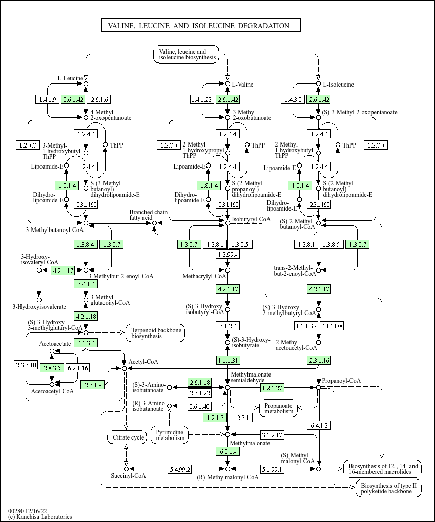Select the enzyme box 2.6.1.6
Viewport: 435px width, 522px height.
(x=99, y=99)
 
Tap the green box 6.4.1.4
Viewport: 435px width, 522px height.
(x=86, y=283)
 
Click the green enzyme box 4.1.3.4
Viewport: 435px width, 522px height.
(x=86, y=343)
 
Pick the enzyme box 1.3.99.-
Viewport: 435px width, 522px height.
(x=227, y=255)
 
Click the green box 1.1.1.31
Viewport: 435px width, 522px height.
(x=227, y=360)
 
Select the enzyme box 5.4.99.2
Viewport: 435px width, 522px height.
(x=180, y=469)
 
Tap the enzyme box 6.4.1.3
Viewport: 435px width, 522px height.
(x=318, y=425)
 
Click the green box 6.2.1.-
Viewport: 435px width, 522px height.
(x=227, y=451)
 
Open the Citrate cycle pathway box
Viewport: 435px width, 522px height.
(x=126, y=437)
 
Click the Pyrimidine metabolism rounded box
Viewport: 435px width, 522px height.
(x=170, y=435)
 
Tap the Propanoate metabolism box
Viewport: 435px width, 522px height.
(x=279, y=407)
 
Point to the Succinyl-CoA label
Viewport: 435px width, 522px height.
(x=128, y=476)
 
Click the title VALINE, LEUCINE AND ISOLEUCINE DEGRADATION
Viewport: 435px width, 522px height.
(x=200, y=26)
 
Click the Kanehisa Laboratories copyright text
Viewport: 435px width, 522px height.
(x=40, y=517)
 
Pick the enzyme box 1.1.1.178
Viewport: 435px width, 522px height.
(x=332, y=326)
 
